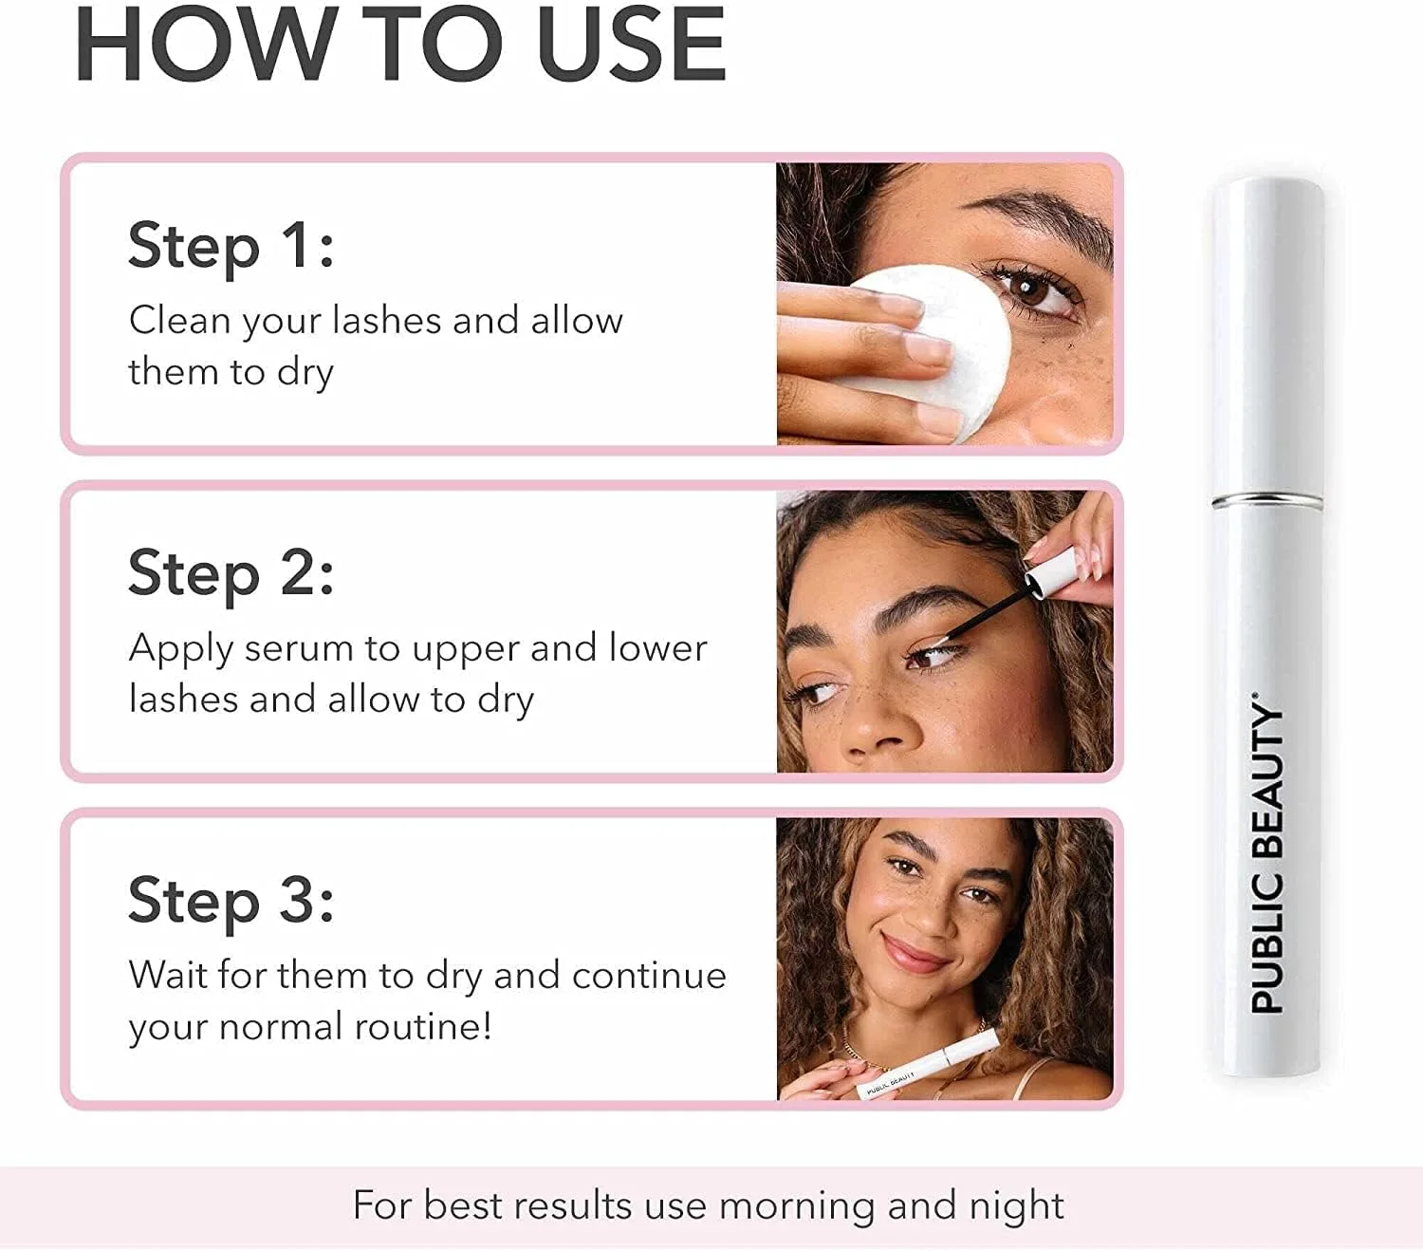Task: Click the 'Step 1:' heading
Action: pos(231,246)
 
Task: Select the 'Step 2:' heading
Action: pos(231,574)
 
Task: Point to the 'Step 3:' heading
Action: pos(231,902)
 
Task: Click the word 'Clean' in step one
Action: pos(180,321)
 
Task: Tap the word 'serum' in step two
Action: pos(299,648)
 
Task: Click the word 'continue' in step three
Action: pos(649,976)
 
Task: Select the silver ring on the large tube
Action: pos(1267,500)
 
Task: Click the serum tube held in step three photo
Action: pos(927,1066)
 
